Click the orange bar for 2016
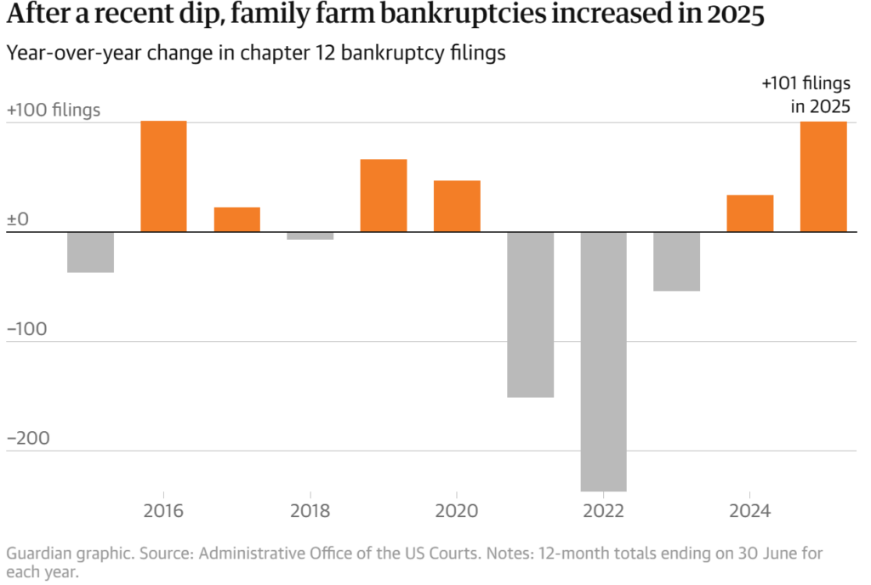163,176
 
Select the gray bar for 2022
603,361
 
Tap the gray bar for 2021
530,315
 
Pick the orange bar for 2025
823,176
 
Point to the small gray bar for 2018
310,236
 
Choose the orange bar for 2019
384,196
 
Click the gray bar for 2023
677,261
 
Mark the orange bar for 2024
750,213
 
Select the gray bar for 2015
90,252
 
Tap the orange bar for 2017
236,219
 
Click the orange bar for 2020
457,206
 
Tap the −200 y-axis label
29,439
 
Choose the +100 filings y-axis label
53,111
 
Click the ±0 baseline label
18,219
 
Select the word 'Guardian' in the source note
36,554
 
